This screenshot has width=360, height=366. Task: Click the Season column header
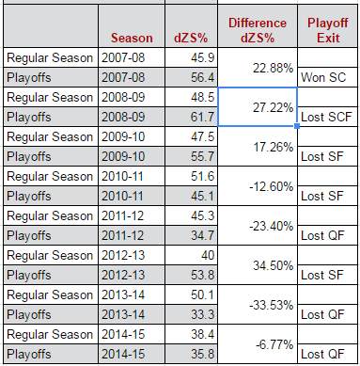(132, 38)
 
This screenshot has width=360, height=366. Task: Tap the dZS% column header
(191, 38)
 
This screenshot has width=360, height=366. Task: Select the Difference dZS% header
(258, 30)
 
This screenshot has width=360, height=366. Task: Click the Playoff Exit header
(327, 30)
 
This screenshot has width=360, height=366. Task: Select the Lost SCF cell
(326, 117)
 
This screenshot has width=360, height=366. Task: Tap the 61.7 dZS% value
(203, 117)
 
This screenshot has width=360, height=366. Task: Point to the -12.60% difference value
(272, 186)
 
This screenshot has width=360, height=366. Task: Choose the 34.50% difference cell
(273, 265)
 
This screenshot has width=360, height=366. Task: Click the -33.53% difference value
(272, 305)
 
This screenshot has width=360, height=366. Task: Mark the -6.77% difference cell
(274, 344)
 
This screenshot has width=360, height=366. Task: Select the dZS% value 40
(208, 255)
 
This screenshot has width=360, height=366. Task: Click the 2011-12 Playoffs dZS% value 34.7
(203, 235)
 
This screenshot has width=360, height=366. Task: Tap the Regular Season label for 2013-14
(50, 295)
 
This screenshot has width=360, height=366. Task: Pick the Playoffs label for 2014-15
(29, 355)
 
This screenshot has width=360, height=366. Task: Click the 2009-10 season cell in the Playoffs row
(123, 156)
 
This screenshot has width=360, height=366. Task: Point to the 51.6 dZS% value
(203, 176)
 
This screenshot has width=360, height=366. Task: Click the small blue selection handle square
(297, 126)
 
